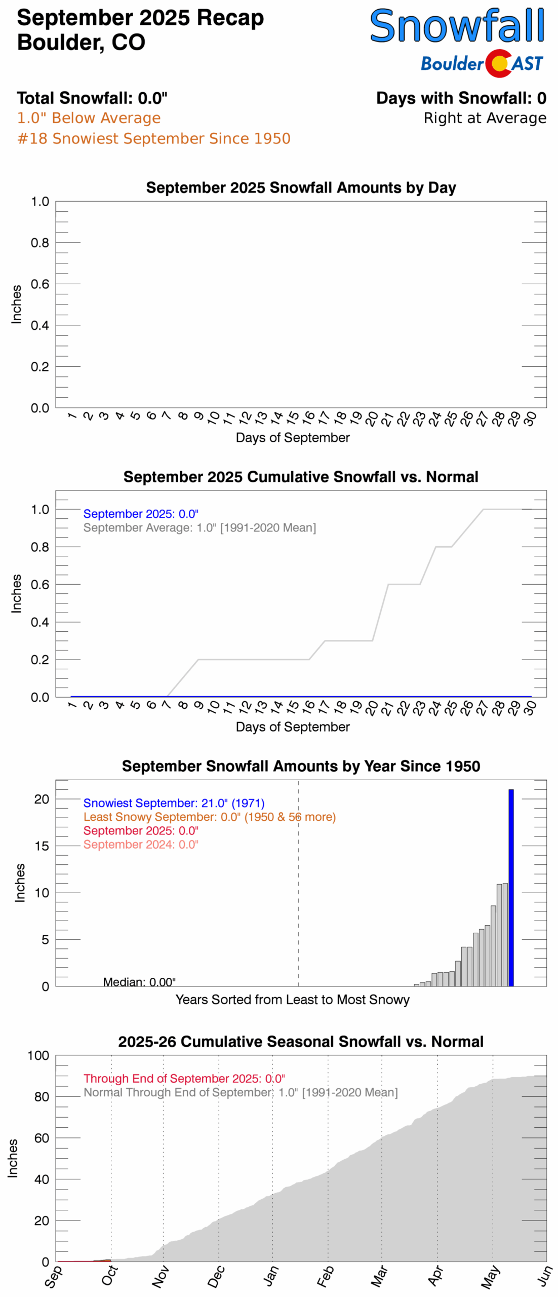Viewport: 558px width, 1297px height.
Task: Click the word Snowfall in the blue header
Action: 457,26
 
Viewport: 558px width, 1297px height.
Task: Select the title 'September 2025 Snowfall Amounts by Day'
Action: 301,187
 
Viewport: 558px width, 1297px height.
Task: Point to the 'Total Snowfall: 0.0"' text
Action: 92,98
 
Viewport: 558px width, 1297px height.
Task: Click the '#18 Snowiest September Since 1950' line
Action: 154,138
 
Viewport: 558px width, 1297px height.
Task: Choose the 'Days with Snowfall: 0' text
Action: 461,98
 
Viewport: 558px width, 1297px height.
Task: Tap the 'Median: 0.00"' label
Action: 139,982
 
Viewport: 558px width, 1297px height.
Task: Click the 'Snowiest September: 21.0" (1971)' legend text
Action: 174,803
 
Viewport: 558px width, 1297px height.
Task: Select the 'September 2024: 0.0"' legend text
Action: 141,844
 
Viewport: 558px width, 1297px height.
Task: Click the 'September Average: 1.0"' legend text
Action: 200,527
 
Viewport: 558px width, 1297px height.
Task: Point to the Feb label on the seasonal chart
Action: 325,1276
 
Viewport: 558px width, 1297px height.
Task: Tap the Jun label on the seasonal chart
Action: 544,1276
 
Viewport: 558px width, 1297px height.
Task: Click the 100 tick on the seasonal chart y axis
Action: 38,1055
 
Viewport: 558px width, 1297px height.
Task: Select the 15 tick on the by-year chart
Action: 42,846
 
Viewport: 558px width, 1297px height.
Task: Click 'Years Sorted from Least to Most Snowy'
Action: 292,1000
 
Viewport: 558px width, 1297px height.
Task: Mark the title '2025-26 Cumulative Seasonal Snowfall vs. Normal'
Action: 301,1042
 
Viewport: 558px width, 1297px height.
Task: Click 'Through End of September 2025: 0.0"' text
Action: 184,1079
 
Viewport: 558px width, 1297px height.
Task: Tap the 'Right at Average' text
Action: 485,118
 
